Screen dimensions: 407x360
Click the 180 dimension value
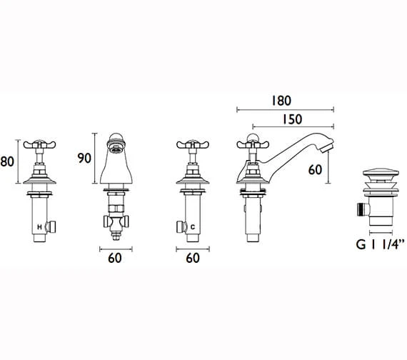click(281, 101)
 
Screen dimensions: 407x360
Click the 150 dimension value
click(292, 119)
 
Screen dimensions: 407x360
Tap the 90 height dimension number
click(84, 158)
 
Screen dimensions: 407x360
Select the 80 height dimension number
click(7, 161)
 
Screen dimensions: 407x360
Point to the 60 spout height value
click(315, 170)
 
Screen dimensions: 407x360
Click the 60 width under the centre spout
click(115, 258)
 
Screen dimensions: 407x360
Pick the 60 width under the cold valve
click(193, 258)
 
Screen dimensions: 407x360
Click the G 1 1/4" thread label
click(380, 244)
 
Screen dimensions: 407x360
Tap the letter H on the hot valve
click(39, 227)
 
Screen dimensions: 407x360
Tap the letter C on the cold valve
click(193, 227)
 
